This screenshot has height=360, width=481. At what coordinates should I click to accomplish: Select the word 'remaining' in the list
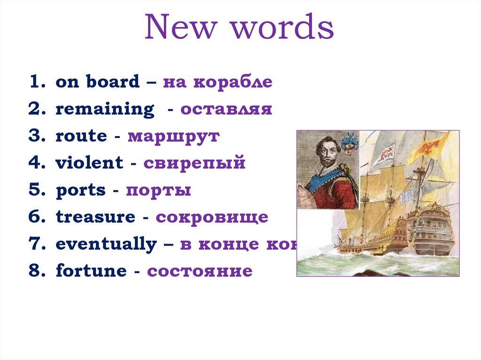point(105,109)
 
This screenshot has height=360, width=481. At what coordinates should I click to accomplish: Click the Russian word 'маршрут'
point(173,136)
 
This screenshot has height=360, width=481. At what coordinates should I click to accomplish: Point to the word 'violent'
point(89,163)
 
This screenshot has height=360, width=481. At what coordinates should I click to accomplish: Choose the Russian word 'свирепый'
point(194,163)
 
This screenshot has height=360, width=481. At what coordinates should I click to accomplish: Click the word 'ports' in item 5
point(80,190)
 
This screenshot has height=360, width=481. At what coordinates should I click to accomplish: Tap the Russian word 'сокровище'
point(212,217)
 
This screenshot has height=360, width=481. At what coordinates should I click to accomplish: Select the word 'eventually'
point(106,244)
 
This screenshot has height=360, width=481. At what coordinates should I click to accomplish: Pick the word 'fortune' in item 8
point(91,271)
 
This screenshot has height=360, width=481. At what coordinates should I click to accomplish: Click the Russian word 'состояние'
point(200,271)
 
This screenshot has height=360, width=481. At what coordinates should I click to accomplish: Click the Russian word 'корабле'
point(233,82)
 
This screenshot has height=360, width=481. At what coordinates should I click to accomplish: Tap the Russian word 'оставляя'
point(226,109)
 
